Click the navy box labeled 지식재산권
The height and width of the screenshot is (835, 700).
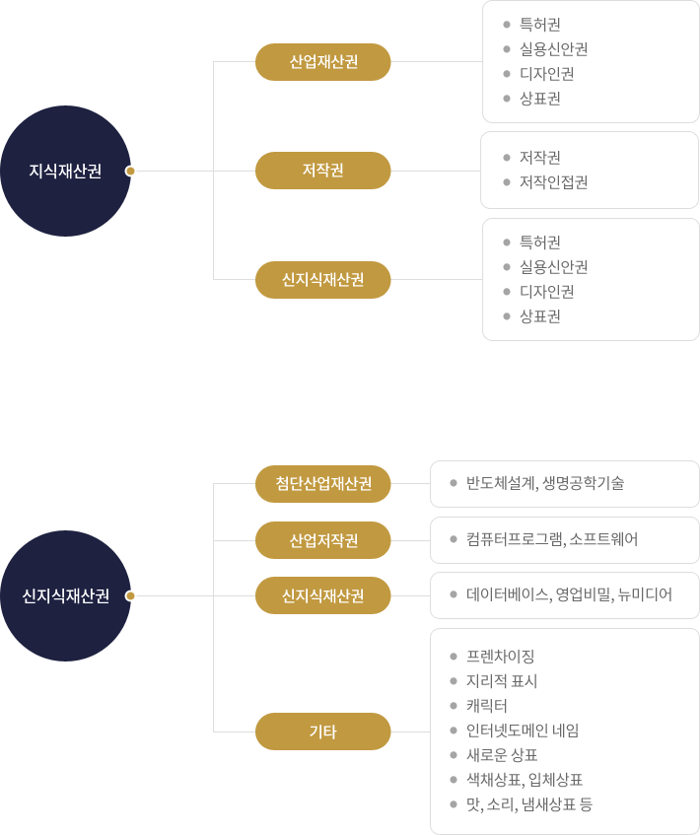[x=65, y=171]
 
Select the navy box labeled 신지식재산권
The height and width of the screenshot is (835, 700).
[x=65, y=595]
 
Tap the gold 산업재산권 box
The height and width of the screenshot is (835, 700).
[x=322, y=62]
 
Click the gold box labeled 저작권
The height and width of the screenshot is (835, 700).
[x=322, y=171]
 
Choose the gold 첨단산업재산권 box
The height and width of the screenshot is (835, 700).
[x=322, y=483]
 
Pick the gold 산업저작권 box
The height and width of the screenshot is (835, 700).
[x=322, y=540]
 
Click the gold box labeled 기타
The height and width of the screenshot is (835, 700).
[x=322, y=731]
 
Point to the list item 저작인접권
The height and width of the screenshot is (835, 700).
[x=553, y=182]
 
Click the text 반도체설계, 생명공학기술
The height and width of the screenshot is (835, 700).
[x=544, y=483]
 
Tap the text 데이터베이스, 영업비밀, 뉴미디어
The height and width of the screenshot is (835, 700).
[x=569, y=594]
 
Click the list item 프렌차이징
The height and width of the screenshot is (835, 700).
[x=500, y=657]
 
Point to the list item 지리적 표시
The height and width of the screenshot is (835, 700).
[x=502, y=681]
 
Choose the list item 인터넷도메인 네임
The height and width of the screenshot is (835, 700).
[x=523, y=731]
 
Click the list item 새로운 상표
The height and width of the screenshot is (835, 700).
[x=502, y=755]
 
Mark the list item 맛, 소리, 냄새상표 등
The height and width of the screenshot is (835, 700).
[x=528, y=804]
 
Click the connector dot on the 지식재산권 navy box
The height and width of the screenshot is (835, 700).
[x=130, y=171]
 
